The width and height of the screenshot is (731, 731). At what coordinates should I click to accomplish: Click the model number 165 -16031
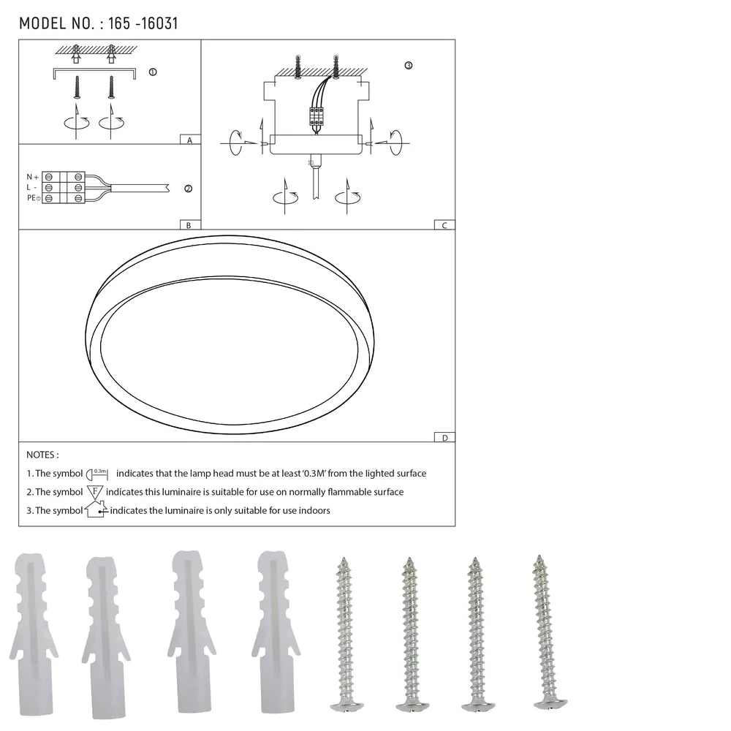click(143, 23)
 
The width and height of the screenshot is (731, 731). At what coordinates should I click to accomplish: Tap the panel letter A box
click(189, 140)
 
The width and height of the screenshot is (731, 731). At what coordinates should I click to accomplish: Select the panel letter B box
click(189, 225)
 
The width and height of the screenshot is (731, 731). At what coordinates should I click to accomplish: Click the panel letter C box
click(444, 225)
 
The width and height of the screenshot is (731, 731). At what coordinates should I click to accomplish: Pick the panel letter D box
click(444, 438)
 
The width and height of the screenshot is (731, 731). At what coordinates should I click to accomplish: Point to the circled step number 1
click(152, 72)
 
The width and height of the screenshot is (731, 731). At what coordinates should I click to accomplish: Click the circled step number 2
click(188, 189)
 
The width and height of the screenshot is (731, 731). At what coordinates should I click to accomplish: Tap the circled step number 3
click(408, 65)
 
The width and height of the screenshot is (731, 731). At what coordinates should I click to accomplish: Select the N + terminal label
click(32, 177)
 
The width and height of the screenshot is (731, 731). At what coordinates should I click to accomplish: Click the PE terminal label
click(32, 198)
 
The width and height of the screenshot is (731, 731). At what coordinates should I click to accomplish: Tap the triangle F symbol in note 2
click(95, 492)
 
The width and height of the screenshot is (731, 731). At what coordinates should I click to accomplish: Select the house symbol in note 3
click(96, 510)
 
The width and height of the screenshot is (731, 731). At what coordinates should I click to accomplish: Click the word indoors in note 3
click(314, 510)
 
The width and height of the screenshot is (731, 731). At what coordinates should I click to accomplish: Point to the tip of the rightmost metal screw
click(539, 558)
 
